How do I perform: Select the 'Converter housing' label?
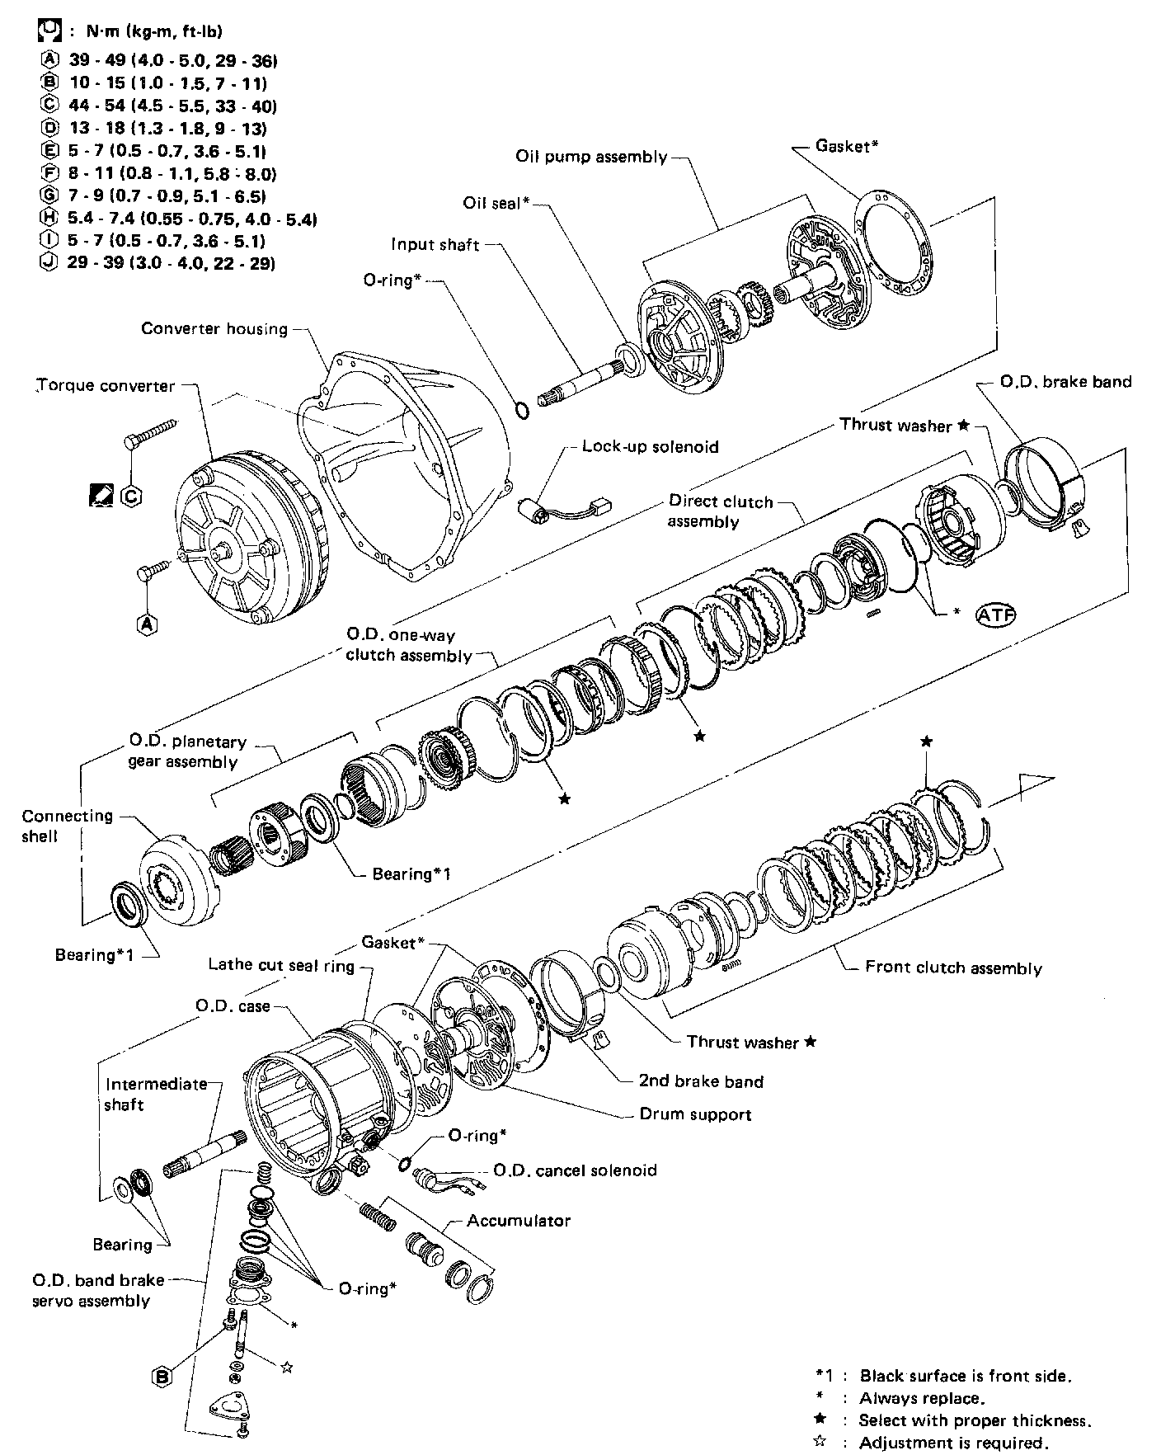214,328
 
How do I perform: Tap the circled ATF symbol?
996,614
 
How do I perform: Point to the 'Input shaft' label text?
435,244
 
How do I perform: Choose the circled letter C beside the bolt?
131,496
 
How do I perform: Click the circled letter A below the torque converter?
147,624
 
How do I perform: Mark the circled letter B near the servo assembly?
163,1375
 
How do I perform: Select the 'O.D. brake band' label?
1065,382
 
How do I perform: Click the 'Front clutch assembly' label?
953,968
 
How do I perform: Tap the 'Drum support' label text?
695,1114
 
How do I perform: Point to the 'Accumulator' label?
519,1220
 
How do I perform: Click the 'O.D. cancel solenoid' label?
575,1170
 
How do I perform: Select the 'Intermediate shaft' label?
155,1094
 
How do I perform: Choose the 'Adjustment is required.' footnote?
954,1443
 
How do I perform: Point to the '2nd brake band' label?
701,1081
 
